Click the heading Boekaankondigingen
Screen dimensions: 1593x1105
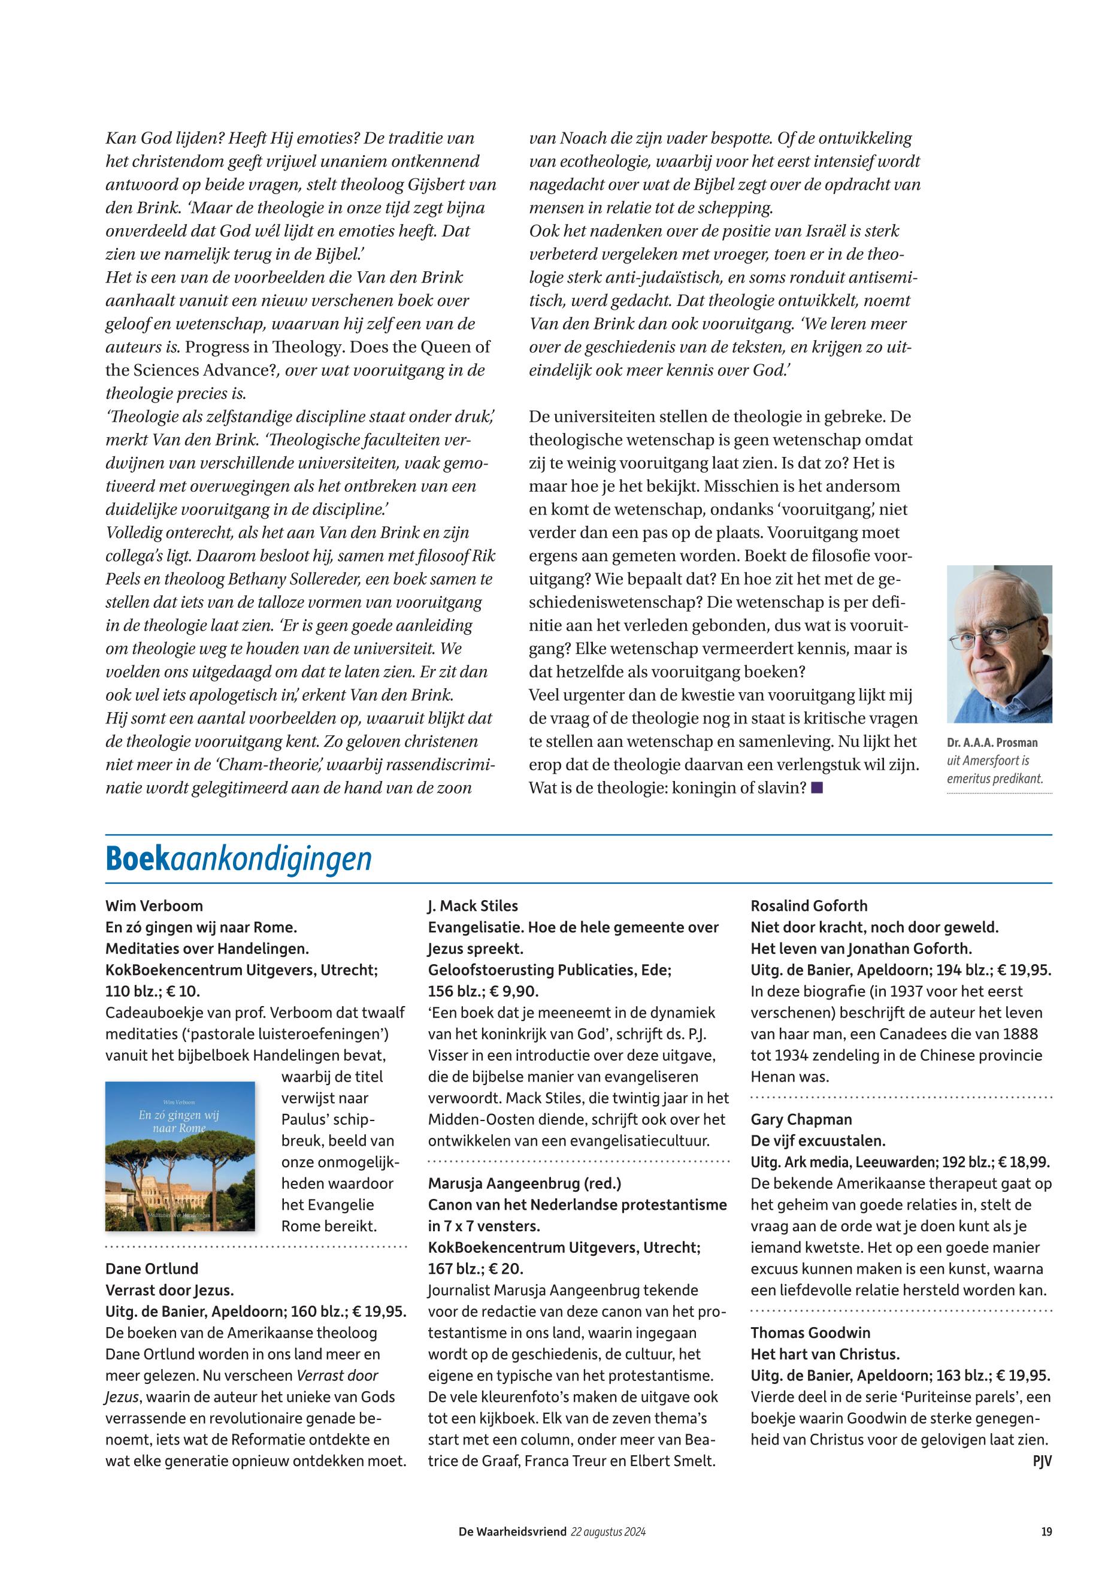click(x=238, y=860)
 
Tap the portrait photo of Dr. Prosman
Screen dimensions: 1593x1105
click(x=999, y=644)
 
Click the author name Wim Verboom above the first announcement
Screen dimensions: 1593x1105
click(x=154, y=906)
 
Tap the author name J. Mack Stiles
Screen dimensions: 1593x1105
click(x=473, y=906)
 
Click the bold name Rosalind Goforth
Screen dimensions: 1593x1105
click(x=809, y=906)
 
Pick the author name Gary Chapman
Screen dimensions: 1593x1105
click(x=801, y=1119)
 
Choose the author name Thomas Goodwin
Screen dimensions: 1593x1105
click(x=810, y=1332)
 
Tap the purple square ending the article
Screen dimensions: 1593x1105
click(x=817, y=787)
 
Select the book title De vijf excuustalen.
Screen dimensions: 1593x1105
click(x=818, y=1141)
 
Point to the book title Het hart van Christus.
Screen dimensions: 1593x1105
click(x=825, y=1354)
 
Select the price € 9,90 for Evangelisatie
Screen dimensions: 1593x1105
click(x=513, y=991)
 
